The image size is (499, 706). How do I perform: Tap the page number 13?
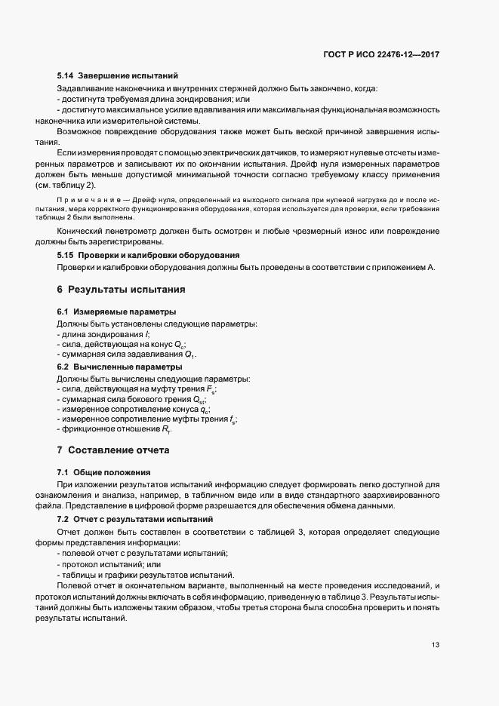436,644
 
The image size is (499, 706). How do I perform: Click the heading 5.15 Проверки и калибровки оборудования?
149,255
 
